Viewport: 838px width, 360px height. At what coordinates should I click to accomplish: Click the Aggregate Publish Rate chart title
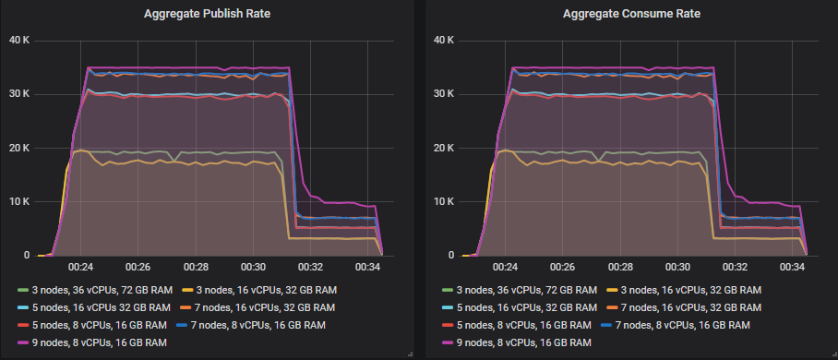(x=209, y=14)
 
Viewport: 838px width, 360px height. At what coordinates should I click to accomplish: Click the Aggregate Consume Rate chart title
(x=629, y=14)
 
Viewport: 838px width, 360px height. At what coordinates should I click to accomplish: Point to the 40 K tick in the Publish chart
(x=19, y=40)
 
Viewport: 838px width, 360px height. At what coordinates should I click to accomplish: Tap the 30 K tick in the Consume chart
(x=445, y=94)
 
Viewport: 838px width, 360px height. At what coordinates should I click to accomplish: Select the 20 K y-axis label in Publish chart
(x=19, y=148)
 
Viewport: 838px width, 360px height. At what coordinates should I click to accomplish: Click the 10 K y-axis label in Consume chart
(x=445, y=201)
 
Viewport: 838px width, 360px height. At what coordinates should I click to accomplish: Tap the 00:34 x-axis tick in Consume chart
(x=794, y=268)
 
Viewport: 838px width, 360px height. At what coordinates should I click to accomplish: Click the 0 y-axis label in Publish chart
(x=26, y=256)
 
